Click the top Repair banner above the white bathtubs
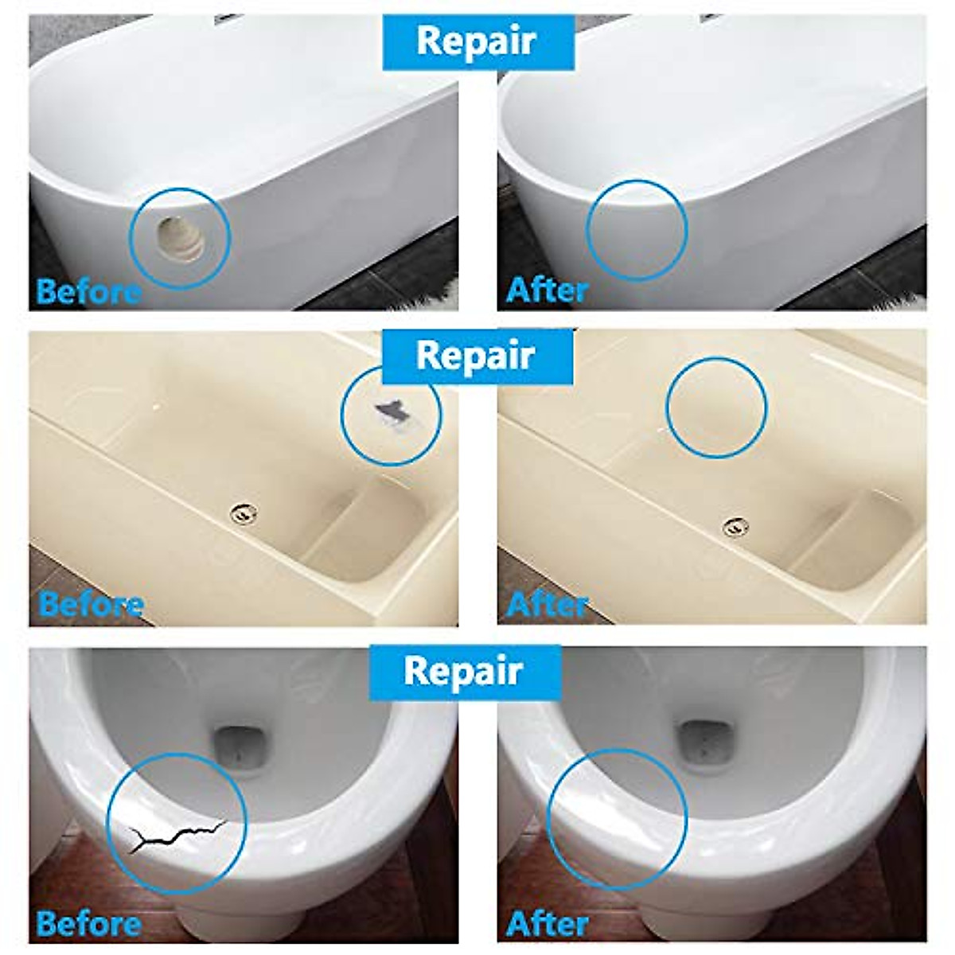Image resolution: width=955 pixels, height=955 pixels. coord(477,41)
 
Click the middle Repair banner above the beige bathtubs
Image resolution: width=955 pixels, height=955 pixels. coord(476,356)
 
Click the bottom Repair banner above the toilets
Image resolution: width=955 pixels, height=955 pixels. coord(462,671)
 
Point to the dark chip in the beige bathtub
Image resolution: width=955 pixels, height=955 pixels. coord(388,411)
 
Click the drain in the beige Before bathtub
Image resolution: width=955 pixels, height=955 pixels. coord(243,513)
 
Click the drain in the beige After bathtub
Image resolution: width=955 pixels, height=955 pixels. coord(735,525)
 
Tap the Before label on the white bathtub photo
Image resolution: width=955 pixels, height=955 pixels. coord(88,292)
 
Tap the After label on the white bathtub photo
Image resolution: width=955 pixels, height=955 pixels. coord(547,290)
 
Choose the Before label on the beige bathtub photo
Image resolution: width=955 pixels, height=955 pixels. coord(90,605)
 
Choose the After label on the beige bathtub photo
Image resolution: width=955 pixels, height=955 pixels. coord(547,605)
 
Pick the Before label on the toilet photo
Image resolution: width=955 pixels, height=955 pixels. coord(88,923)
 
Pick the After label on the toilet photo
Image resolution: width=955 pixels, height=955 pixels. coord(547,923)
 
